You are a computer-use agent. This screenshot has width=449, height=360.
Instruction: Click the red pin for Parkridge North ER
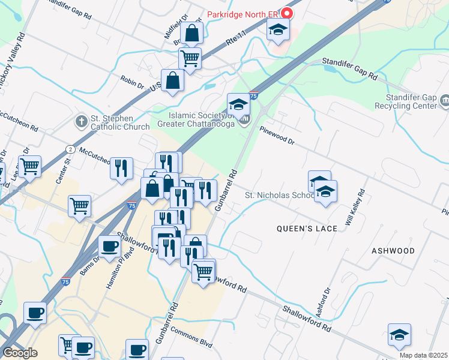[287, 13]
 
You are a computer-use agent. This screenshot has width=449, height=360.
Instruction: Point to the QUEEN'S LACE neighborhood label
[301, 229]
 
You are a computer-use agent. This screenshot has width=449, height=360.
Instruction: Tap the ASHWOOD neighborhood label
[393, 250]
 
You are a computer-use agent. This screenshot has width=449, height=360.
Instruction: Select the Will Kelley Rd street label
[355, 208]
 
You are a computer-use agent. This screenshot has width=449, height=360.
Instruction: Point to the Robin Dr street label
[132, 82]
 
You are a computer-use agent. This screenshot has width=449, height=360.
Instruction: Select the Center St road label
[67, 160]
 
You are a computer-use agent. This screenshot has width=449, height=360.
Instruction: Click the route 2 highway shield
[71, 149]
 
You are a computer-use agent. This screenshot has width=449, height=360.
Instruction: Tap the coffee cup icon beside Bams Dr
[109, 246]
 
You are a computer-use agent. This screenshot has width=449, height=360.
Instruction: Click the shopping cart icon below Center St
[79, 206]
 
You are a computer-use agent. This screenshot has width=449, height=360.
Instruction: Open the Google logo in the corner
[20, 353]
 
